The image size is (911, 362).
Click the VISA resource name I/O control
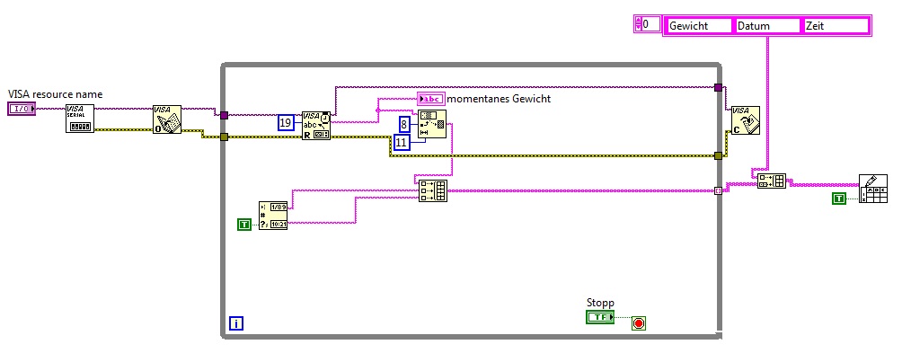coord(21,109)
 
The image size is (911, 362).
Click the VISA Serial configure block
coord(79,119)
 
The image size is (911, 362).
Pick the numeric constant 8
coord(406,124)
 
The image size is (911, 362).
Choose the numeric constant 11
coord(402,141)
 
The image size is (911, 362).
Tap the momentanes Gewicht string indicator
coord(430,99)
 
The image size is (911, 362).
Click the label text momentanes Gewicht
coord(499,99)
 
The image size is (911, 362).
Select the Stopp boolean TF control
coord(598,317)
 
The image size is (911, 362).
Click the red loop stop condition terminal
coord(639,322)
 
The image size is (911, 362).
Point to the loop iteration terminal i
coord(235,322)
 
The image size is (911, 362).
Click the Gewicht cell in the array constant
coord(699,26)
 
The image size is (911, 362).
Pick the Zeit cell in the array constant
coord(836,26)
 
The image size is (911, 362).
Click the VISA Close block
coord(744,119)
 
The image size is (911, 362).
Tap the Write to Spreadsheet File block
coord(872,189)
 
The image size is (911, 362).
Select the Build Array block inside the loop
coord(432,190)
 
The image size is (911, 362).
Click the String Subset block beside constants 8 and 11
coord(431,124)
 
